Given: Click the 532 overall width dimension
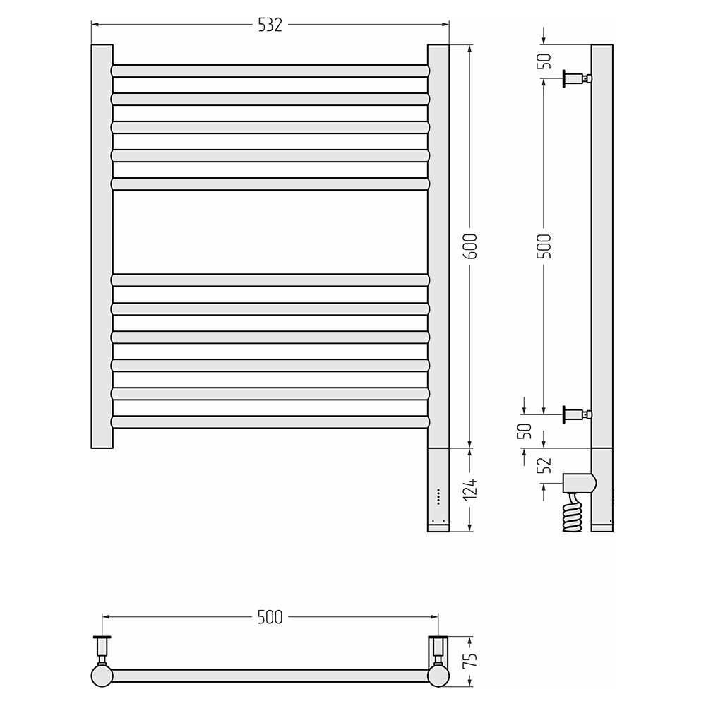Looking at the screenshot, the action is tap(270, 25).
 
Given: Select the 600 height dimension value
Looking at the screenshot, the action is tap(470, 246).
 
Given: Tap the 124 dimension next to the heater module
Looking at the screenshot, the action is tap(470, 489).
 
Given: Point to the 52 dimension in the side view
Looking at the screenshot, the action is tap(544, 465).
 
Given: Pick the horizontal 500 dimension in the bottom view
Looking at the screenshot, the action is tap(270, 617).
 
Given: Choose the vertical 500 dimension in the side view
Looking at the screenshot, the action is tap(544, 246).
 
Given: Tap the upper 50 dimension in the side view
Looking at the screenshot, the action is tap(544, 61).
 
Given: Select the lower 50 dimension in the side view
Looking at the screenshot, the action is tap(526, 431).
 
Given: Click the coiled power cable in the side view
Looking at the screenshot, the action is tap(573, 513).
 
